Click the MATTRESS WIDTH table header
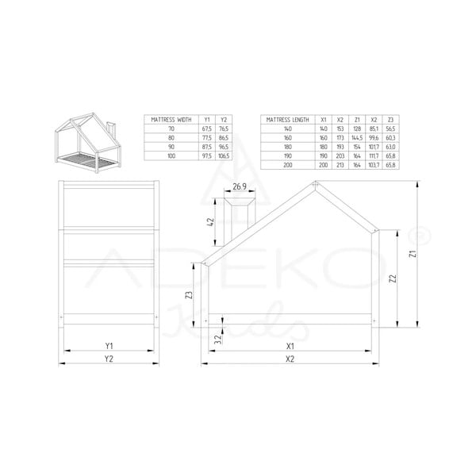[x=168, y=118]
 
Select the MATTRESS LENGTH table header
[x=287, y=118]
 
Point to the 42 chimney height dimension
[x=211, y=222]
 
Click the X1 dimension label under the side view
[x=290, y=346]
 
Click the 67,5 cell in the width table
[x=207, y=128]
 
